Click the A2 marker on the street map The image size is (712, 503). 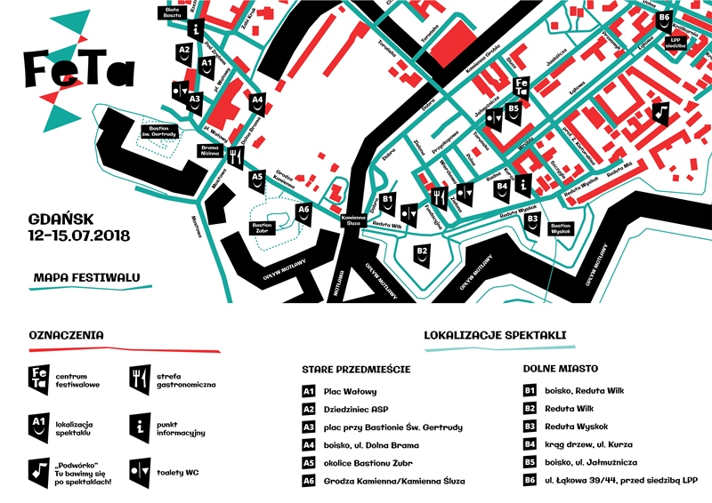pyautogui.click(x=184, y=53)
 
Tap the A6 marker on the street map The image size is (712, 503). pyautogui.click(x=303, y=214)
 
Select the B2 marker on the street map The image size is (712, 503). pyautogui.click(x=423, y=254)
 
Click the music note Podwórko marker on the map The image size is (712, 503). pyautogui.click(x=659, y=112)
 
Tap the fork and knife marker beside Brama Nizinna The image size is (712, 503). pyautogui.click(x=236, y=158)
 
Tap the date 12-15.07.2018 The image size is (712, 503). pyautogui.click(x=79, y=236)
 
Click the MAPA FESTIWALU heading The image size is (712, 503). pyautogui.click(x=86, y=278)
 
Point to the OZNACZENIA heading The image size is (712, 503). pyautogui.click(x=66, y=335)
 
